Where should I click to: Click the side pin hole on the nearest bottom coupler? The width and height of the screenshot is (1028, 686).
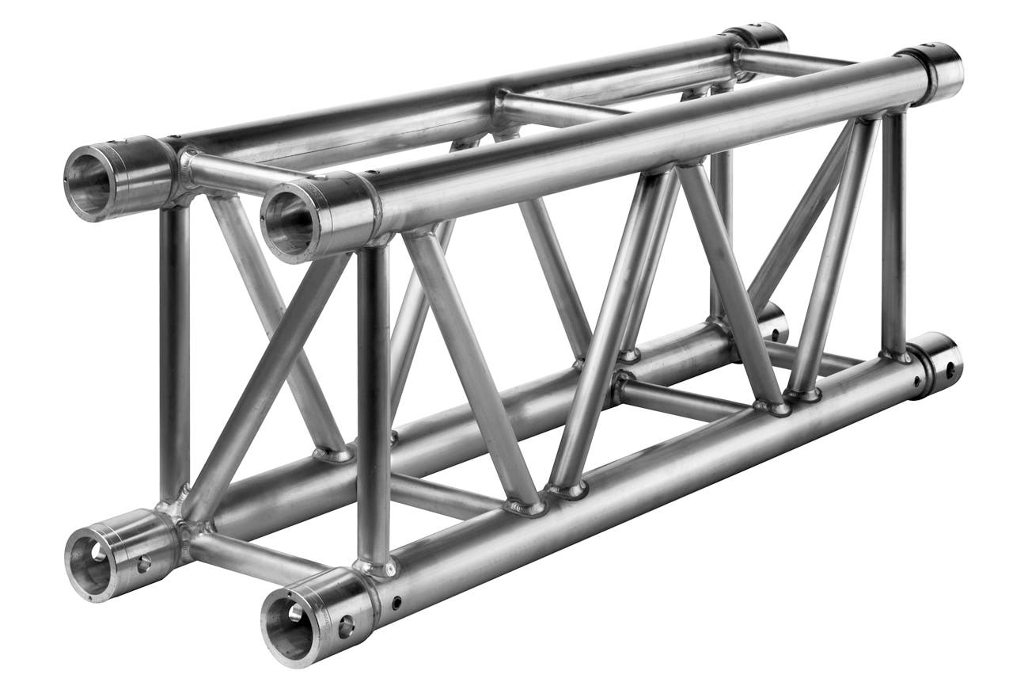tap(346, 629)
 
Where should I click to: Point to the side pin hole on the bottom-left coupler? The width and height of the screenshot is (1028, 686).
tap(144, 565)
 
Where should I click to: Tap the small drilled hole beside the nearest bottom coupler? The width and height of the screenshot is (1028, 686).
tap(395, 608)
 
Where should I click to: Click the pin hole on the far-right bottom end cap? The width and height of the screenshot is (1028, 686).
tap(948, 370)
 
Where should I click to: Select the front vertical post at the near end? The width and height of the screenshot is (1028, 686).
tap(373, 404)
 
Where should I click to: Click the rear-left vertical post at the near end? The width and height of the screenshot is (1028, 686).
tap(173, 349)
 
